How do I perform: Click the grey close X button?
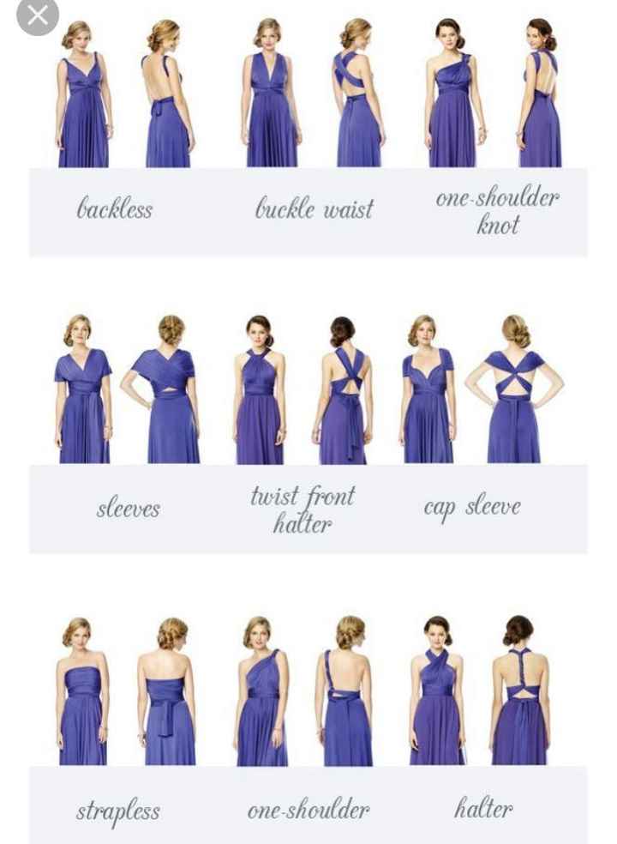37,16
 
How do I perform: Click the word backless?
115,208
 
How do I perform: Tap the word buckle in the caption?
285,208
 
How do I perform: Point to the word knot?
498,224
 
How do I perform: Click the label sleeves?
128,508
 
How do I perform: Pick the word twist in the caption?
273,496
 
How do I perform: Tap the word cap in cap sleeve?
440,508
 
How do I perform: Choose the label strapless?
118,811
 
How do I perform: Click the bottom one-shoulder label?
308,810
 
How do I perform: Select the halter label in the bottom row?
483,809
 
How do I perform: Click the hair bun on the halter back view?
518,630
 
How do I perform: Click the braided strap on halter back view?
519,667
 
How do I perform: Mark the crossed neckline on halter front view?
437,663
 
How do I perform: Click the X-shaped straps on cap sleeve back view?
513,376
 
